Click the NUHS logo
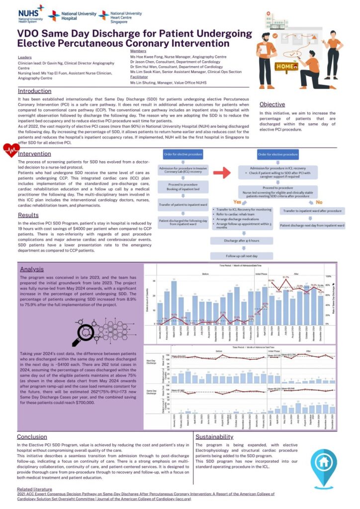[30, 14]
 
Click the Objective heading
[272, 104]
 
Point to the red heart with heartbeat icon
[10, 151]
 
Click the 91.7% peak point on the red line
[285, 278]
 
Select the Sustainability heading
[214, 436]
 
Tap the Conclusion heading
[32, 436]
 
